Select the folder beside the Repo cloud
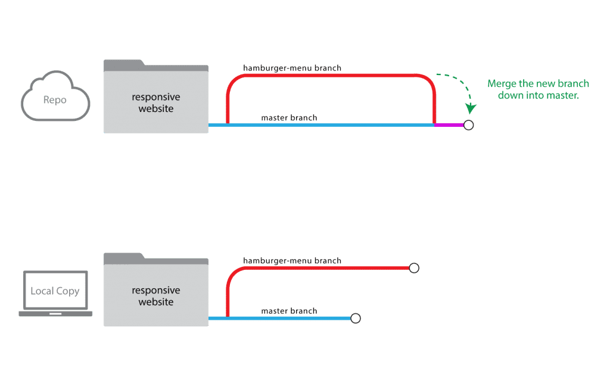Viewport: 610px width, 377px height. (156, 96)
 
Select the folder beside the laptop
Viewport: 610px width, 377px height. (156, 290)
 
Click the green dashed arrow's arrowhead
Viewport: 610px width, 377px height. (471, 108)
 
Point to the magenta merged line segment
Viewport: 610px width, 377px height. (449, 125)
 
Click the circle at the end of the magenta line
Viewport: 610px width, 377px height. (469, 125)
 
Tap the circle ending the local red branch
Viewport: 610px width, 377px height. (414, 268)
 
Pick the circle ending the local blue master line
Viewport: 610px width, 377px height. (356, 318)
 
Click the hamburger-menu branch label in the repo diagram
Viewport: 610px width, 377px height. (292, 68)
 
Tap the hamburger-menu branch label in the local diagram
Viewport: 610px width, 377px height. (292, 261)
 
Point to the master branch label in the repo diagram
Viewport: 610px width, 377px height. (289, 117)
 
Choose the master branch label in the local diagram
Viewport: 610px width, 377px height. (289, 311)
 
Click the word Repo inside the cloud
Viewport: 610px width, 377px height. (55, 100)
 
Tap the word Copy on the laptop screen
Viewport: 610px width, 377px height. (68, 291)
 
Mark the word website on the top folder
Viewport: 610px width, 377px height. (156, 108)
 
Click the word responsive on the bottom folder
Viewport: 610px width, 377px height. (156, 291)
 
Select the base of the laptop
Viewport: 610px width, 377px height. (55, 314)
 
